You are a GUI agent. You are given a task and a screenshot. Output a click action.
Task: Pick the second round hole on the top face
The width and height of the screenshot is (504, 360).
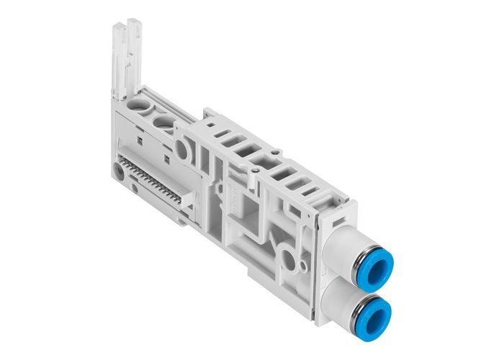coord(165,122)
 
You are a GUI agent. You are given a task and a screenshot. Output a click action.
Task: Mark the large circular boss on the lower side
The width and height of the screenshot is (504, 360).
coord(289,258)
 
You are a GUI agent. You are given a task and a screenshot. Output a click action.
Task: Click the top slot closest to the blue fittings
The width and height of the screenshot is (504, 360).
coord(311,192)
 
